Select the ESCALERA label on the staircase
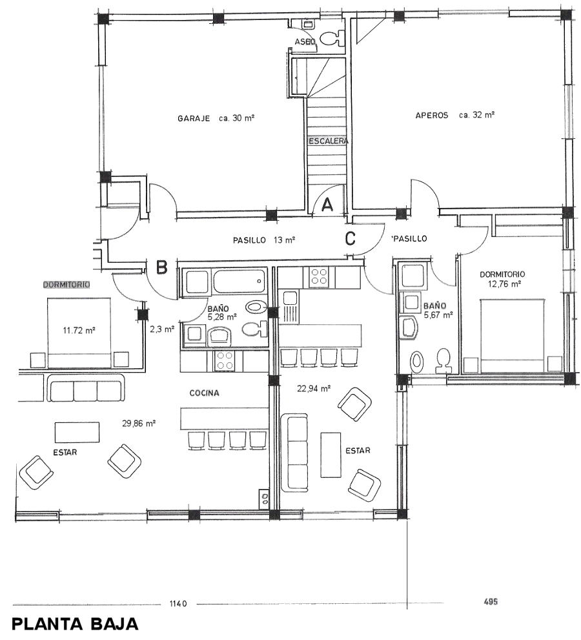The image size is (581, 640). pyautogui.click(x=328, y=141)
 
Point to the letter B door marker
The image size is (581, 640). pyautogui.click(x=163, y=266)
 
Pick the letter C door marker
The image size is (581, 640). pyautogui.click(x=350, y=238)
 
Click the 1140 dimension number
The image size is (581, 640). pyautogui.click(x=178, y=604)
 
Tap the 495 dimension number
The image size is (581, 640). pyautogui.click(x=489, y=601)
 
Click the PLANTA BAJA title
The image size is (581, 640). pyautogui.click(x=75, y=625)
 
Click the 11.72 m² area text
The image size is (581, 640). pyautogui.click(x=79, y=330)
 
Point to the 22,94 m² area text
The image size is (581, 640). pyautogui.click(x=314, y=389)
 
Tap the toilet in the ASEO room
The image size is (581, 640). pyautogui.click(x=334, y=39)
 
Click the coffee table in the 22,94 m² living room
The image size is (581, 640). pyautogui.click(x=331, y=455)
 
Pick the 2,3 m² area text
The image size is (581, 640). pyautogui.click(x=162, y=329)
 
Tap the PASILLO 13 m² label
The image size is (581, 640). pyautogui.click(x=264, y=240)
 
